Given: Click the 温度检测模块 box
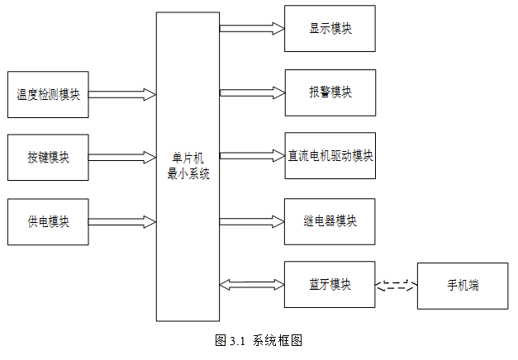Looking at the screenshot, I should [47, 94].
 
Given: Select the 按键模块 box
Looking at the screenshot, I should [47, 157].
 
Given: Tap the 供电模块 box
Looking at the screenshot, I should [47, 221].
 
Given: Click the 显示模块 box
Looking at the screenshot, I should [330, 28].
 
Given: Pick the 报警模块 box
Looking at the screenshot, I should [330, 92].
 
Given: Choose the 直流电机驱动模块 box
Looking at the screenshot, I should [330, 155].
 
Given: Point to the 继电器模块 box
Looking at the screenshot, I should [330, 221].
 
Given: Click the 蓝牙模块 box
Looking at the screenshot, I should [330, 285].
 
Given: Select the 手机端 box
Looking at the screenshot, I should [463, 286].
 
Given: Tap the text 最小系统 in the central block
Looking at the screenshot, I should [188, 173].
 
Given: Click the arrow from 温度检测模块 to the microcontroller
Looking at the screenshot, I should [122, 94].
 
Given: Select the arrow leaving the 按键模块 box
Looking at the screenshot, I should [122, 157].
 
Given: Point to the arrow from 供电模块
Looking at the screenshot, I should [122, 221].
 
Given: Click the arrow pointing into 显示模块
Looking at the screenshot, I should [252, 28].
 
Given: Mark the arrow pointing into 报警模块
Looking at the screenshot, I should [252, 92].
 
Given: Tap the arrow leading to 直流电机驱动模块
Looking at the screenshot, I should [252, 155].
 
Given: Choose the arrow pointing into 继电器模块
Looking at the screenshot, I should [252, 221].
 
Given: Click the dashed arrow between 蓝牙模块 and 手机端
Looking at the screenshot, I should [397, 286].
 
